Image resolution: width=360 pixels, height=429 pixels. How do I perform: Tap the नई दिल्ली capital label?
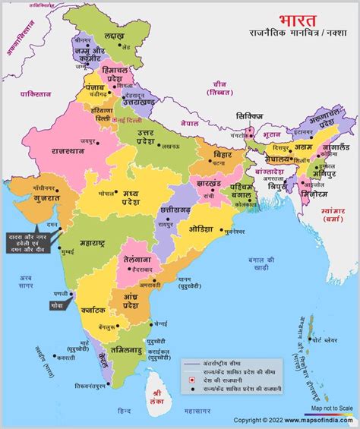click(126, 121)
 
